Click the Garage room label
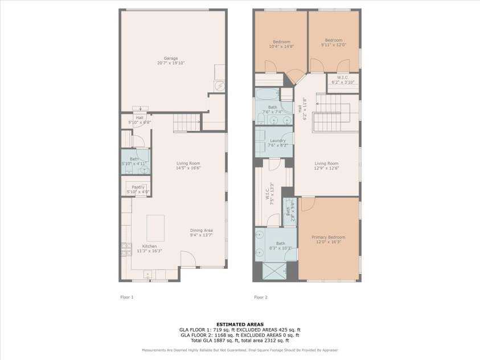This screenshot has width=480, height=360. click(x=171, y=58)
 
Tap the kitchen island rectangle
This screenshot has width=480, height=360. click(x=155, y=228)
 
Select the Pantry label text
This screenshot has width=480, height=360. click(x=138, y=187)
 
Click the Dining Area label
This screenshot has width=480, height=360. click(x=201, y=230)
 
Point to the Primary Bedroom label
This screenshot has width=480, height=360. click(x=329, y=237)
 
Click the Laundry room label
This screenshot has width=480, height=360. click(x=278, y=141)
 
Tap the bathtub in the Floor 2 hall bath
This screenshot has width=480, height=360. click(x=266, y=94)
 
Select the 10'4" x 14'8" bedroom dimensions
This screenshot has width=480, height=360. click(x=281, y=47)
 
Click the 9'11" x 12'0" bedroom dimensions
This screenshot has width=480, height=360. click(x=334, y=46)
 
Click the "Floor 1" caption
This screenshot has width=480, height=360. click(x=126, y=297)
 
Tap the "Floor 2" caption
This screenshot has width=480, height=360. click(x=260, y=297)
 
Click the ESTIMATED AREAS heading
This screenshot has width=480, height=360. click(x=240, y=325)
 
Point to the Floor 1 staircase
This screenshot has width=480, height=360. click(x=186, y=122)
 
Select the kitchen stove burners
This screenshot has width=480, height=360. click(x=125, y=248)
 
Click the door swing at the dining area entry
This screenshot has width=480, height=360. click(x=188, y=260)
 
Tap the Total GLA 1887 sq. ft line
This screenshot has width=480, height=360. click(x=240, y=341)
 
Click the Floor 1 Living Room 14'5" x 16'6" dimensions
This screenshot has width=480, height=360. click(x=188, y=168)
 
